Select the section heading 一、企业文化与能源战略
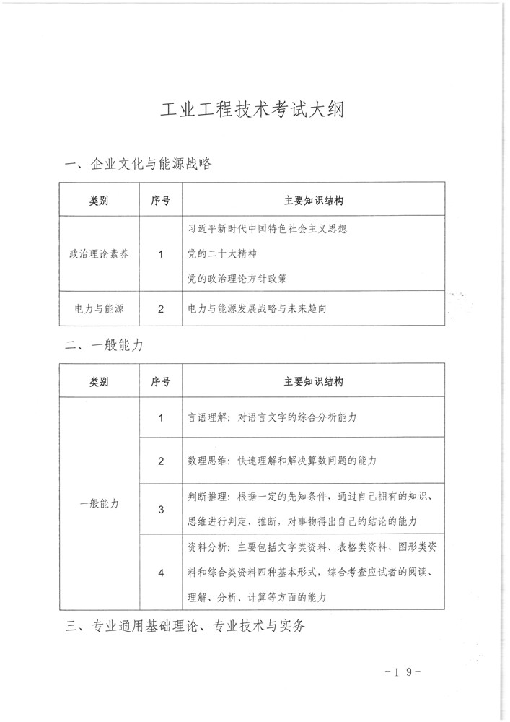click(138, 164)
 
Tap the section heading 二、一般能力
click(104, 346)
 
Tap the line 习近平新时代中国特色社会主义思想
click(267, 230)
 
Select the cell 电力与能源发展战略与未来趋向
click(268, 308)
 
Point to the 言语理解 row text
click(273, 418)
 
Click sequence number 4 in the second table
click(161, 573)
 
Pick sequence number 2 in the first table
click(161, 308)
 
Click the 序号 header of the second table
click(161, 381)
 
